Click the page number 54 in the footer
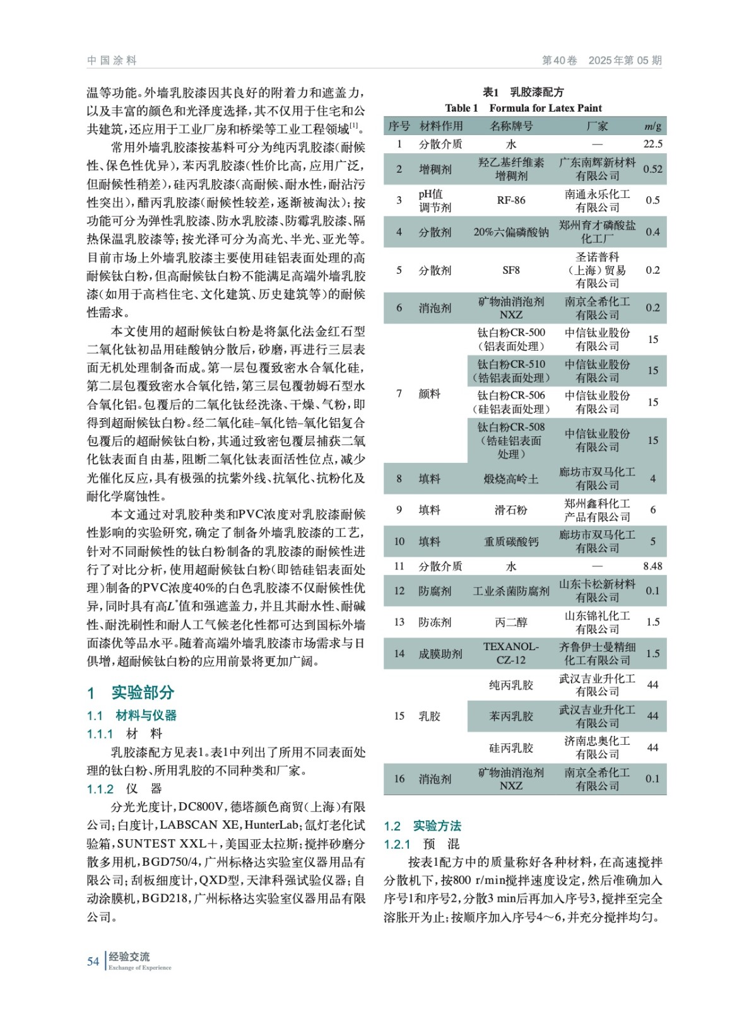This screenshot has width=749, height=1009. (x=93, y=961)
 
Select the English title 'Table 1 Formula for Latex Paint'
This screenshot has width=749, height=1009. (x=523, y=108)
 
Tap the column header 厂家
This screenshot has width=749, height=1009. (x=596, y=126)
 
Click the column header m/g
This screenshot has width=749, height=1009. (x=652, y=126)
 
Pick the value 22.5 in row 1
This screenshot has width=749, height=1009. (x=652, y=144)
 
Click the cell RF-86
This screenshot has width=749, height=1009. (x=510, y=201)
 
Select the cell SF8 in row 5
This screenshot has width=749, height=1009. (x=510, y=270)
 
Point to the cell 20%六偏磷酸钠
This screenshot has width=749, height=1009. (x=510, y=232)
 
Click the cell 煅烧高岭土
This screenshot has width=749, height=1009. (x=510, y=479)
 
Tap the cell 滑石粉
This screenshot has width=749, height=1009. (x=510, y=510)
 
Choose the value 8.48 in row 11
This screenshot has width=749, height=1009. (x=652, y=566)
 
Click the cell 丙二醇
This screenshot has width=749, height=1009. (x=510, y=622)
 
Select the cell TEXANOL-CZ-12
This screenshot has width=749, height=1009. (x=510, y=653)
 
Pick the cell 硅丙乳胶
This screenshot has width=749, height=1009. (x=510, y=748)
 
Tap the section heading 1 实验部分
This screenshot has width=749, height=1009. (x=131, y=692)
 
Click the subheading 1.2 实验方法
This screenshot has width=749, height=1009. (x=422, y=826)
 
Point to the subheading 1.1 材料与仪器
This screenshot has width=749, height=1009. (x=132, y=715)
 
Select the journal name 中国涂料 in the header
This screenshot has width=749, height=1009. (x=112, y=61)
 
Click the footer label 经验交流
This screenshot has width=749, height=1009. (x=129, y=957)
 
